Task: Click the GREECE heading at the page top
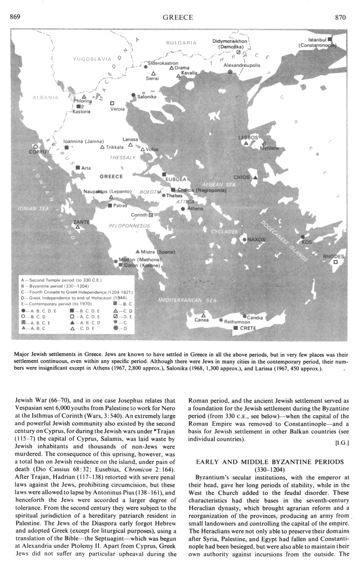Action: [178, 17]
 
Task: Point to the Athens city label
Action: [195, 208]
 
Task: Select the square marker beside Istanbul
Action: [329, 39]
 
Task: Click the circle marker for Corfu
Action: [35, 146]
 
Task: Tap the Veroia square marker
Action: [112, 103]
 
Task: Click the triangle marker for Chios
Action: [255, 178]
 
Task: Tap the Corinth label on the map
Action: [139, 215]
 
